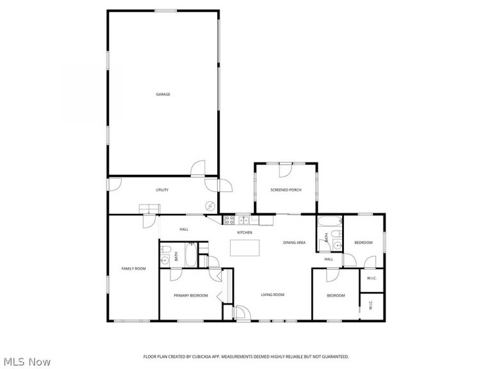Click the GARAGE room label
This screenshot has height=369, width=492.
(163, 94)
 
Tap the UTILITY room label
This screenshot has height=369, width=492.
(162, 190)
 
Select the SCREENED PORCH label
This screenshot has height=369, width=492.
(286, 190)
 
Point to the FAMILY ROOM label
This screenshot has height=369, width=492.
(134, 268)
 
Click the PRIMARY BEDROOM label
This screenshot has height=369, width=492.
(191, 295)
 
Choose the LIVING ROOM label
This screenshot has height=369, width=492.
(273, 295)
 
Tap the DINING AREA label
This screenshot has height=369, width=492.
(294, 243)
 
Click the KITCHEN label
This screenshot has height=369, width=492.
(245, 233)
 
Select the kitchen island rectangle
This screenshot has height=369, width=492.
(245, 248)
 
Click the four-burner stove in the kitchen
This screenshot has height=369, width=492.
(229, 220)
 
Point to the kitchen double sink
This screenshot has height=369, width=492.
(243, 220)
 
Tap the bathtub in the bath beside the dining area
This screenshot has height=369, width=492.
(330, 221)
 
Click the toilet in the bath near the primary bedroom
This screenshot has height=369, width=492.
(165, 250)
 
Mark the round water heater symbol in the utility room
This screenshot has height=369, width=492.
(210, 206)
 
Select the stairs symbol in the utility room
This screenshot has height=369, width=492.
(150, 209)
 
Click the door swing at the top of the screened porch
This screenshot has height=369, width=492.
(286, 170)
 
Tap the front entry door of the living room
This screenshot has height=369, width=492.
(242, 313)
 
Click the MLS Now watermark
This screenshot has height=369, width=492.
(27, 362)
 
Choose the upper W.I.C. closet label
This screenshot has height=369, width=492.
(372, 278)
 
